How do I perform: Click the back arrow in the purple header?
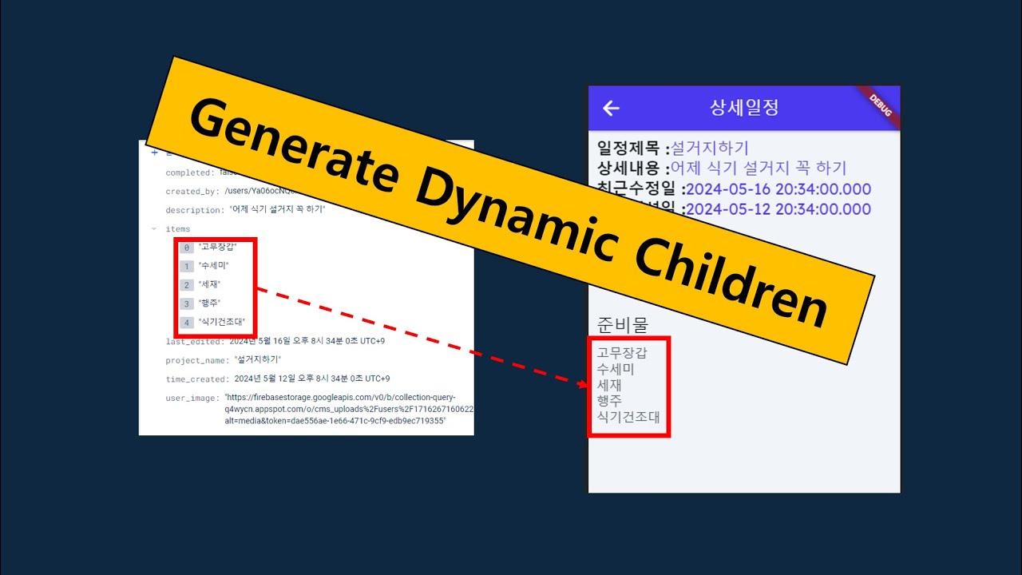[x=611, y=108]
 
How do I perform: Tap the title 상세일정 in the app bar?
[x=743, y=108]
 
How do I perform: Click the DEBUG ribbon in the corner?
[x=881, y=105]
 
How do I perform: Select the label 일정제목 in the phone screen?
[x=629, y=148]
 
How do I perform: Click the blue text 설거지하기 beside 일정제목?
[x=710, y=148]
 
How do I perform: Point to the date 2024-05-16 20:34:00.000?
[x=778, y=189]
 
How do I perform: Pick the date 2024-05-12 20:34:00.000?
[x=778, y=209]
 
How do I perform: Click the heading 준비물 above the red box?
[x=623, y=324]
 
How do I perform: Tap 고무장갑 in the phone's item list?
[x=622, y=352]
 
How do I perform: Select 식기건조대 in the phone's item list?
[x=628, y=416]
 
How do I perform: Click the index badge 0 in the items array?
[x=187, y=248]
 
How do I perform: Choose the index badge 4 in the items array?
[x=187, y=323]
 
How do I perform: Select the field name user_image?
[x=192, y=398]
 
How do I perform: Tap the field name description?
[x=194, y=210]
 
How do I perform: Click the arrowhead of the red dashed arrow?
[x=584, y=384]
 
